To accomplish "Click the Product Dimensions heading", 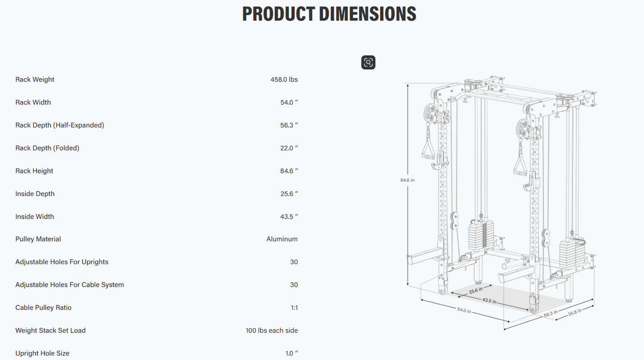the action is coord(329,14).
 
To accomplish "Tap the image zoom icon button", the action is coord(368,62).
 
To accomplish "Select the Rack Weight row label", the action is coord(35,79).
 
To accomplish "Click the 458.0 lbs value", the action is coord(284,79).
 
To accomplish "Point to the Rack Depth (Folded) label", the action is coord(47,148).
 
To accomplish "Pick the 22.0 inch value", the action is coord(289,148).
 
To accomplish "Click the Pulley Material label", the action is coord(38,239).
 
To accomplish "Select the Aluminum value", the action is coord(282,239).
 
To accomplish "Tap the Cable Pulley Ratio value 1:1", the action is coord(294,308).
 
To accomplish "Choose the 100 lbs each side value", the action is coord(272,331).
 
